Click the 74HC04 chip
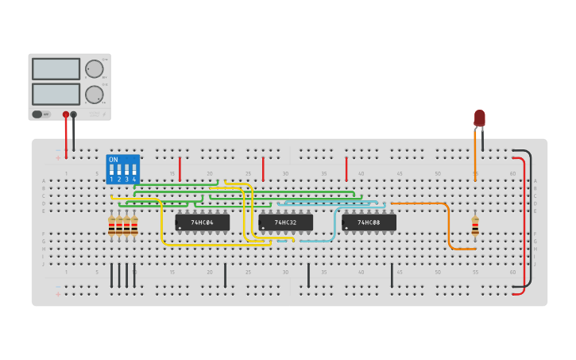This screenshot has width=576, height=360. coord(202,223)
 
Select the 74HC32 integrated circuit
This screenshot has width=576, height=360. coord(285,223)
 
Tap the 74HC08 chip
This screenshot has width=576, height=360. coord(369,223)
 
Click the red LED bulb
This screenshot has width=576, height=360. coord(479,118)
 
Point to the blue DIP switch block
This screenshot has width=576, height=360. coord(122,169)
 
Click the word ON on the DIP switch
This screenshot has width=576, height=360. coord(113,160)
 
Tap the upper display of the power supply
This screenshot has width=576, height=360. coord(56,69)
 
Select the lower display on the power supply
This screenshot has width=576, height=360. coord(56,94)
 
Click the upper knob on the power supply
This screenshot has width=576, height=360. coord(95,68)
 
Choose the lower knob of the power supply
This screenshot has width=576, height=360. coord(95,94)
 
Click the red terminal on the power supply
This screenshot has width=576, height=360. coord(66,114)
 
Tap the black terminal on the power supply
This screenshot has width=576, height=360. coord(74,114)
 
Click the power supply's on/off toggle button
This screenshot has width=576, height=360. coord(37,114)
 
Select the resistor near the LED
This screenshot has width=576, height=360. coord(475,226)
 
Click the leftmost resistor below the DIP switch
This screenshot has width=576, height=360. coord(111,226)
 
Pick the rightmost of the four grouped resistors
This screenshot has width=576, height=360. coord(134,226)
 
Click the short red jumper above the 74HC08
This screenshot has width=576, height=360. coord(346,168)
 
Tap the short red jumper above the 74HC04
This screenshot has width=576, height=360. coord(180,168)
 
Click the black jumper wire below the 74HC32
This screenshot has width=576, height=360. coord(308,275)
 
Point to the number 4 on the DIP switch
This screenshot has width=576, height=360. coord(134,180)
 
